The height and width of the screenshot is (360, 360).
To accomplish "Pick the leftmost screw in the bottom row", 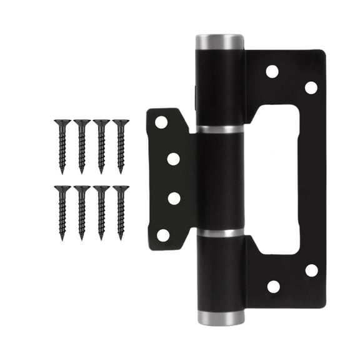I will (62, 211).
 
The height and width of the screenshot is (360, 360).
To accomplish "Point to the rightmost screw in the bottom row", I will (121, 211).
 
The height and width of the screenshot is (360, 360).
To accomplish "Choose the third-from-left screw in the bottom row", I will (101, 211).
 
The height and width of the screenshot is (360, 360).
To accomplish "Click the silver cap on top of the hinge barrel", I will (219, 42).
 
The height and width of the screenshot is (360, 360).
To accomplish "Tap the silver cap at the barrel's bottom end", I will (221, 317).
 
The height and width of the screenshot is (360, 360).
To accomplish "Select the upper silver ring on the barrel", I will (220, 129).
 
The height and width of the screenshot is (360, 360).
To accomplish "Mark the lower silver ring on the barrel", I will (220, 232).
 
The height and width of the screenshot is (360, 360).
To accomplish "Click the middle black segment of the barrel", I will (220, 181).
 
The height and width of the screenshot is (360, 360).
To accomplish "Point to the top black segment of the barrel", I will (220, 87).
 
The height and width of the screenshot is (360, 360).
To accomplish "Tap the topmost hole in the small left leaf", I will (161, 122).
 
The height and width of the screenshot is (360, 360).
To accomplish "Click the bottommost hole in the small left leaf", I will (162, 236).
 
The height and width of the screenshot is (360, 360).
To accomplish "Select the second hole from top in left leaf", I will (174, 159).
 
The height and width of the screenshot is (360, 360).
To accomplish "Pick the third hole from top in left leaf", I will (174, 198).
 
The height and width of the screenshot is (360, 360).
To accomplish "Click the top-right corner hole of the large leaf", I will (311, 87).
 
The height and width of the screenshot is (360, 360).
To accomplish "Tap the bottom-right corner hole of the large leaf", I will (311, 270).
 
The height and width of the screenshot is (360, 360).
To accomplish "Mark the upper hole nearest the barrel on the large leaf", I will (272, 71).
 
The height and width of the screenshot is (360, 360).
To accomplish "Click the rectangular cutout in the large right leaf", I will (276, 179).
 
